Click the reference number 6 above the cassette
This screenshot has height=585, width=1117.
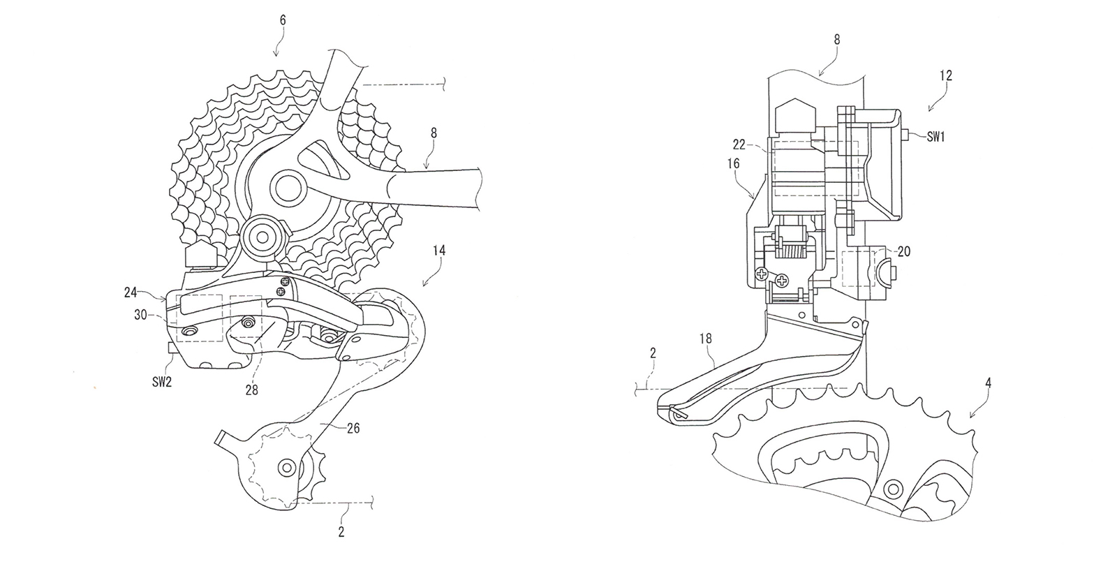pyautogui.click(x=283, y=21)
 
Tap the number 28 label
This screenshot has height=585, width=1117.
pyautogui.click(x=251, y=390)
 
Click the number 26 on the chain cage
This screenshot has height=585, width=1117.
pyautogui.click(x=353, y=429)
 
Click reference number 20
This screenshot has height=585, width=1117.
pyautogui.click(x=903, y=251)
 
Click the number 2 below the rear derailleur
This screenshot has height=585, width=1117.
pyautogui.click(x=341, y=532)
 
